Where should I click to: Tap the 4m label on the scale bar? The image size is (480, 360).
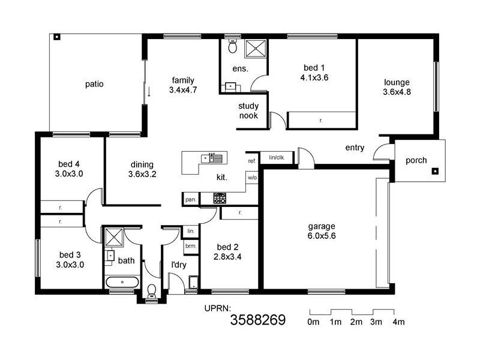(398, 322)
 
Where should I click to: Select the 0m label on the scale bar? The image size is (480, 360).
(313, 322)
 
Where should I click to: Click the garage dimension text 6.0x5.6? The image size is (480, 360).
(322, 236)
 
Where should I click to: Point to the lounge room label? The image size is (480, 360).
(396, 82)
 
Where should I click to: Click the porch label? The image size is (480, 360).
(416, 160)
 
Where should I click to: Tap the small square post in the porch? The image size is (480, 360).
(435, 171)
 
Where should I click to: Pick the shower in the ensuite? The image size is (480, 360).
(256, 47)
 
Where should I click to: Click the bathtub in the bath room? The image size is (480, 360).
(122, 281)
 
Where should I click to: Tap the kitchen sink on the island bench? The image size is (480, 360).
(212, 158)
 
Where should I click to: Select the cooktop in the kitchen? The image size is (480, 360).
(220, 199)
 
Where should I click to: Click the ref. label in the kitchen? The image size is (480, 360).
(251, 161)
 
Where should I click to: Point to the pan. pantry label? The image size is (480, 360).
(191, 199)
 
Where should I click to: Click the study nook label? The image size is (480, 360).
(248, 111)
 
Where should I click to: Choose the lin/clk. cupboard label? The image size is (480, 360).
(277, 157)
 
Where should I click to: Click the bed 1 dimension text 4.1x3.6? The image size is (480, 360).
(314, 77)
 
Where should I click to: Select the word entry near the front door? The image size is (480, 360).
(355, 148)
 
